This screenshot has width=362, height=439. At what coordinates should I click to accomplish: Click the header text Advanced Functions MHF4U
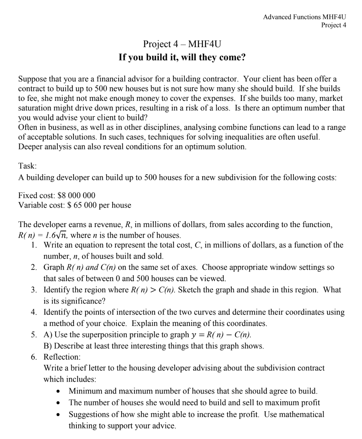(x=304, y=17)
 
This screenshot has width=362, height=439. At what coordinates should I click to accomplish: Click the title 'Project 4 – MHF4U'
(x=182, y=44)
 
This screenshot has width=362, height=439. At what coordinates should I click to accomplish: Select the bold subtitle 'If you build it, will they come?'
(x=182, y=57)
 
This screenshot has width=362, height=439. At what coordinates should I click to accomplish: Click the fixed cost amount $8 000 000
(x=76, y=195)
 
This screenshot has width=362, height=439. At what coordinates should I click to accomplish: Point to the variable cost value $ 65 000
(x=82, y=205)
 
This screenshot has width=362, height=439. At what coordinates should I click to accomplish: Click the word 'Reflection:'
(x=62, y=357)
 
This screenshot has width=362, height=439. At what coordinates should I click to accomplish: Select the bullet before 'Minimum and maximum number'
(x=58, y=392)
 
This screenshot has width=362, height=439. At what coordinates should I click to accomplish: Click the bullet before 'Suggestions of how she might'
(x=58, y=415)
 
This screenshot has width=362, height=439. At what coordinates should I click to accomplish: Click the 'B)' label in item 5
(x=48, y=346)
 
